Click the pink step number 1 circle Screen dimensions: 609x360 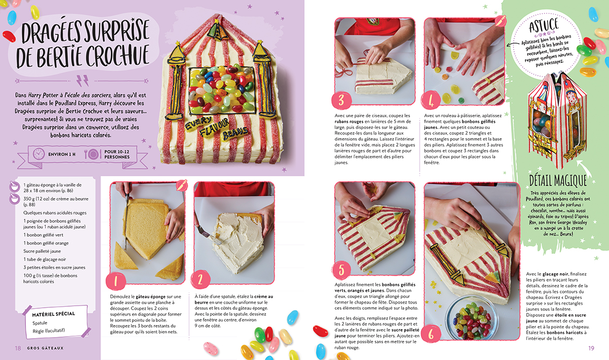116,281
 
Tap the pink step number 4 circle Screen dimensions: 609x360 431,101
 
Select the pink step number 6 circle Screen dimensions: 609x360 431,334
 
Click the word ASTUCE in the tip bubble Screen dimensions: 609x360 544,25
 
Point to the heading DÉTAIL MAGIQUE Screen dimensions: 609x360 557,180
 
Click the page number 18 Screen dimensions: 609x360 18,348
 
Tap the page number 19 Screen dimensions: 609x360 591,348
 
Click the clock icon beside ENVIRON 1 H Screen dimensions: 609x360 39,154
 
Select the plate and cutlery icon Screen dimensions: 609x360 91,154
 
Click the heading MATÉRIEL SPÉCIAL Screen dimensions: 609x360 54,314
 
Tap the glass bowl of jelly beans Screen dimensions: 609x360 472,317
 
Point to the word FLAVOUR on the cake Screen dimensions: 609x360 214,128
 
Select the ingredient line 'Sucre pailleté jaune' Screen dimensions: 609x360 42,251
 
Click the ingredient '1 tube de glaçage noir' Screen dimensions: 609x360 45,259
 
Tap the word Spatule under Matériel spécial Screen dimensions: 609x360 40,323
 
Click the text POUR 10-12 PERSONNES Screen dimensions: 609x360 117,154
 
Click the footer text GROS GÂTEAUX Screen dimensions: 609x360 45,348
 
